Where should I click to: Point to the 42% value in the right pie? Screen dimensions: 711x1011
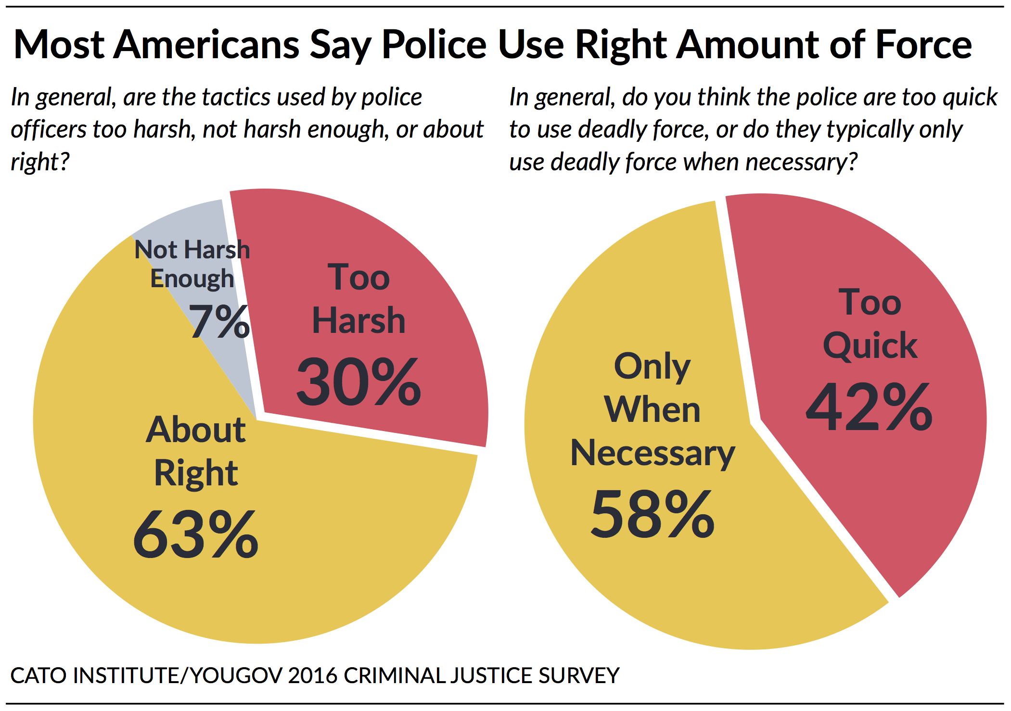pos(869,407)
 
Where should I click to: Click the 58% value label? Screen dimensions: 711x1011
pos(653,514)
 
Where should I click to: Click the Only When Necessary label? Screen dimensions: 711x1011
pos(653,409)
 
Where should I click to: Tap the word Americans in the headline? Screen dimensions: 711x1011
pos(206,45)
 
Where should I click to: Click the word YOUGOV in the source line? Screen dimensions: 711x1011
pos(236,676)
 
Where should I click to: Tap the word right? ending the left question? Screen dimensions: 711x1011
pos(40,163)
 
